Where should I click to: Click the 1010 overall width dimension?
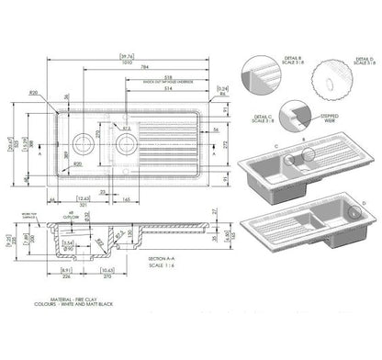[x=118, y=66]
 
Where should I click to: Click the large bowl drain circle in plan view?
[x=129, y=142]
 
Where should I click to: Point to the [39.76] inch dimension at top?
[x=118, y=57]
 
